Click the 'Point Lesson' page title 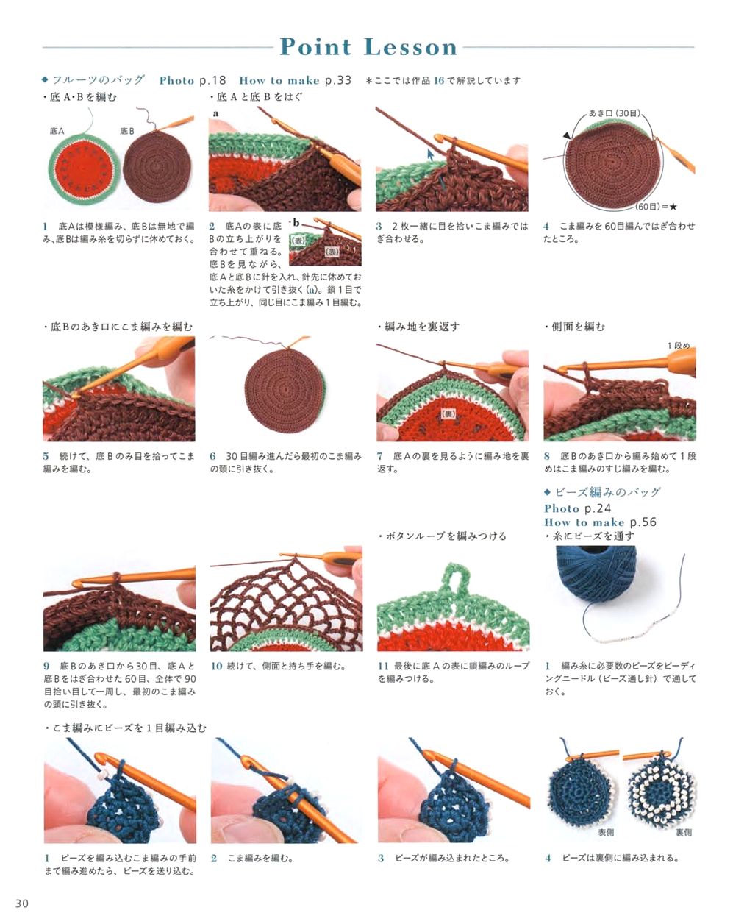(368, 47)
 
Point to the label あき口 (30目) (614, 113)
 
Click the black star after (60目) (673, 207)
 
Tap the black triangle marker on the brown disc (567, 135)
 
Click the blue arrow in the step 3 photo (430, 154)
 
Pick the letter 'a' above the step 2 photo (215, 114)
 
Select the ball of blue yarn (596, 576)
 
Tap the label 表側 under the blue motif (606, 833)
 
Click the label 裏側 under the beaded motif (684, 833)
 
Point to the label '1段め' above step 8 (679, 346)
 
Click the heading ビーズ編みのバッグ (608, 492)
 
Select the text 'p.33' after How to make (338, 80)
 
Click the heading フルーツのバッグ (99, 80)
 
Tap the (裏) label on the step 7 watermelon (448, 414)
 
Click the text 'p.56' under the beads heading (643, 522)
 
